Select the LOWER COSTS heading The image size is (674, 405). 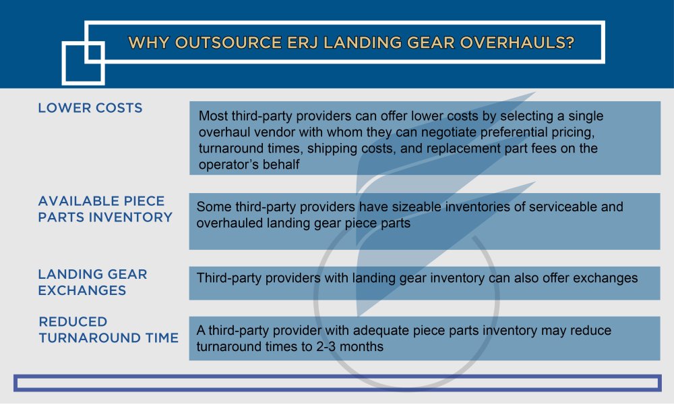tap(90, 108)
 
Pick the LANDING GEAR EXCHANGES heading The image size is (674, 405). tap(92, 282)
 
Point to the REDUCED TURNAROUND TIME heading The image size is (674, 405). tap(109, 329)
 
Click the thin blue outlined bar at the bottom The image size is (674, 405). tap(337, 383)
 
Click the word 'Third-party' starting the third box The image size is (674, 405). tap(229, 277)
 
